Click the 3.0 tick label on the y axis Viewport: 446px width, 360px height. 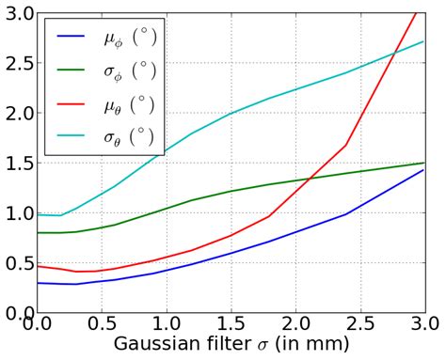click(16, 13)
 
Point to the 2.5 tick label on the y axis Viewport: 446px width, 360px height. click(16, 63)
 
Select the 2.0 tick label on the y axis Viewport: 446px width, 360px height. click(16, 113)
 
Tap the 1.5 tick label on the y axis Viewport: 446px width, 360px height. click(16, 164)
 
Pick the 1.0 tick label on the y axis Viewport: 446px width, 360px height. click(16, 213)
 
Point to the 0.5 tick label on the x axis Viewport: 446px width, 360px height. click(101, 325)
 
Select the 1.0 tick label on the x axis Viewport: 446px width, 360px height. click(166, 325)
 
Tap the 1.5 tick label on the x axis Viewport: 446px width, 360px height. click(231, 325)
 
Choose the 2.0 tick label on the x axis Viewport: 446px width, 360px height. click(295, 325)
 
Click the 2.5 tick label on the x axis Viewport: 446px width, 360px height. click(360, 325)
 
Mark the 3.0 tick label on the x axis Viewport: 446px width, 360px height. click(423, 325)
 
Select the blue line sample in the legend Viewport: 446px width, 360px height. click(74, 38)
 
